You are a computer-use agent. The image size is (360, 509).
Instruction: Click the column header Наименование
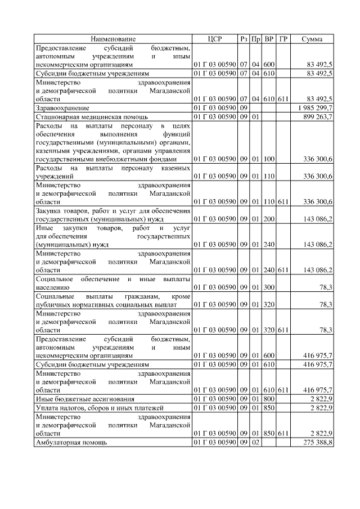click(113, 39)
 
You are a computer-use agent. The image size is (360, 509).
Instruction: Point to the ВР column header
click(269, 39)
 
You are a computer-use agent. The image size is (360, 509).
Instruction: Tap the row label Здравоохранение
click(62, 106)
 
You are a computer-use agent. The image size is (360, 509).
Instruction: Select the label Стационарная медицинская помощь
click(84, 116)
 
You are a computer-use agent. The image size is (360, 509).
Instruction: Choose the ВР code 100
click(269, 159)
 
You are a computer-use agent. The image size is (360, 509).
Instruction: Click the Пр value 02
click(255, 443)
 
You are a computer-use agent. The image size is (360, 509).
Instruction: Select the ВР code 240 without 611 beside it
click(269, 245)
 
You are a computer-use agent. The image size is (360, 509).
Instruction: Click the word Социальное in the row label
click(57, 279)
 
